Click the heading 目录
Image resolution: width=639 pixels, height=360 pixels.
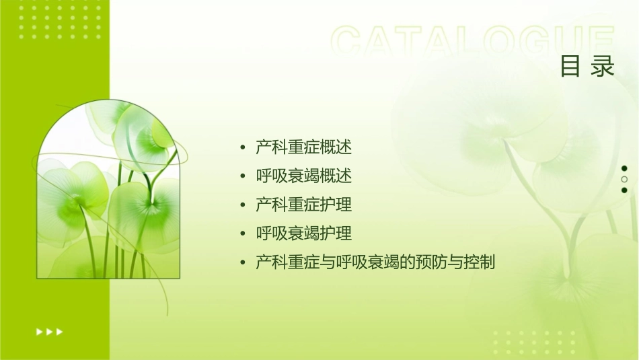pyautogui.click(x=587, y=66)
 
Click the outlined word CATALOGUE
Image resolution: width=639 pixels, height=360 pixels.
pyautogui.click(x=473, y=42)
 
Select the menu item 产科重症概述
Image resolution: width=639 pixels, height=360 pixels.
pyautogui.click(x=304, y=147)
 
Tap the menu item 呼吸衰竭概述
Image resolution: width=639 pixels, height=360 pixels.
pyautogui.click(x=304, y=176)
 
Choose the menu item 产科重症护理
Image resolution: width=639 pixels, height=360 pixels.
pyautogui.click(x=304, y=205)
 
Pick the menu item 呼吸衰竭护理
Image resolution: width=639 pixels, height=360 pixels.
pyautogui.click(x=304, y=233)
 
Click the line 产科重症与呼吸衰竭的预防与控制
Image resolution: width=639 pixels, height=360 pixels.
pyautogui.click(x=375, y=262)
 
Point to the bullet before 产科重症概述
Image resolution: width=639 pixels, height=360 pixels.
pyautogui.click(x=243, y=147)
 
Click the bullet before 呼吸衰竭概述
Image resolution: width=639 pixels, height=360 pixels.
pyautogui.click(x=243, y=176)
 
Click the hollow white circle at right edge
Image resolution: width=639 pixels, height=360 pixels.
pyautogui.click(x=624, y=180)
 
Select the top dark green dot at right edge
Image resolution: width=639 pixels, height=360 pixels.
pyautogui.click(x=624, y=168)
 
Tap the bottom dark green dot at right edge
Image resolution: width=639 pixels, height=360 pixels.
pyautogui.click(x=624, y=190)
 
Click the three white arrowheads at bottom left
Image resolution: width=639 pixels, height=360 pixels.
pyautogui.click(x=49, y=332)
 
